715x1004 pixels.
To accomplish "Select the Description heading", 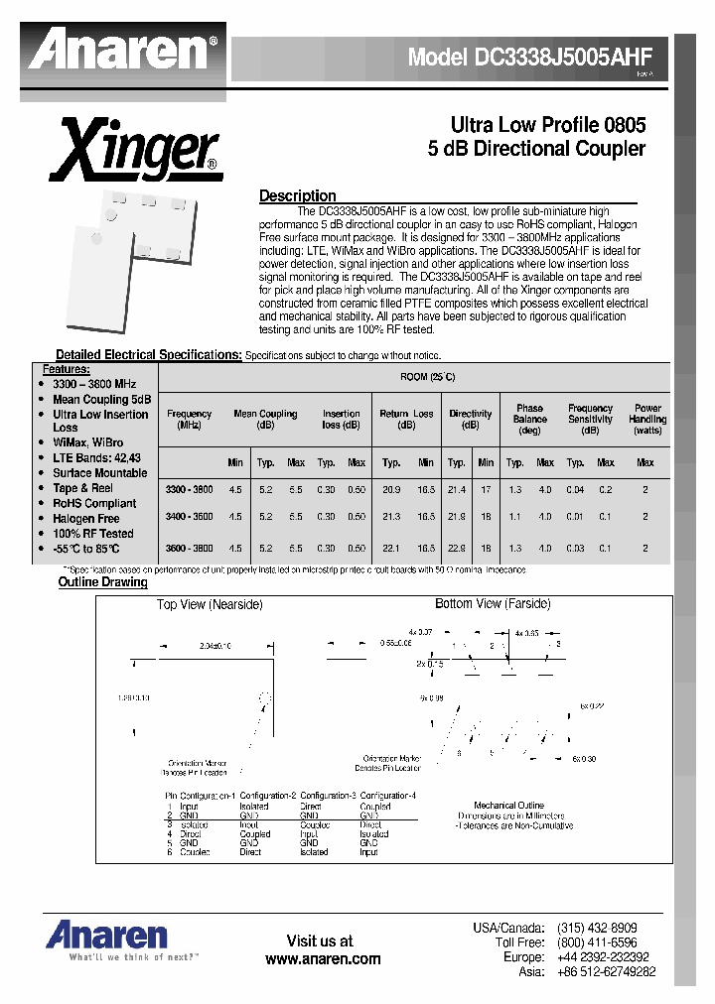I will (x=297, y=195).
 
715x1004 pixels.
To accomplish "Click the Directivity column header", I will (x=470, y=420).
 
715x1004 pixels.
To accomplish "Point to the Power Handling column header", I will (x=647, y=419).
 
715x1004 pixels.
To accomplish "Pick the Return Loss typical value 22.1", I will (x=391, y=549).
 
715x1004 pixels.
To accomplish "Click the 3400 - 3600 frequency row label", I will (x=189, y=517).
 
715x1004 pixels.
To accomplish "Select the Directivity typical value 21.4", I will (x=456, y=489).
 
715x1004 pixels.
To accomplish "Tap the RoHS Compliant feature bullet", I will (x=94, y=503).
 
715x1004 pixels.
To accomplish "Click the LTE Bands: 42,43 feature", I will (x=96, y=458).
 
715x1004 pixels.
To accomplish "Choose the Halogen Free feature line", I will (x=85, y=518).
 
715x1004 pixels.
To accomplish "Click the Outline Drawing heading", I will (x=102, y=582).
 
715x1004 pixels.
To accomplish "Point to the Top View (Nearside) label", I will (x=210, y=604).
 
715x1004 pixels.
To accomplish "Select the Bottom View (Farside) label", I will (x=492, y=603).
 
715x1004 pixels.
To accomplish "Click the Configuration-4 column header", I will (x=387, y=796).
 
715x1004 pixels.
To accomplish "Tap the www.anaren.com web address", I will (x=323, y=959).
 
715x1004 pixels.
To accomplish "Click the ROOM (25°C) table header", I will (x=427, y=377).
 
